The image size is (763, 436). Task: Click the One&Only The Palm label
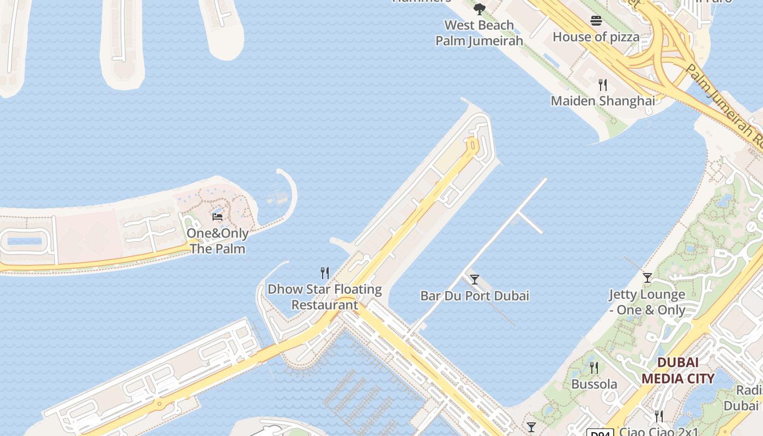[x=217, y=241]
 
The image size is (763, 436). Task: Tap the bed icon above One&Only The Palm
[x=217, y=217]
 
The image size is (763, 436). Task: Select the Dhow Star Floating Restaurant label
[x=325, y=297]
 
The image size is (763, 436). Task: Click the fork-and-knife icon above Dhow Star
[x=325, y=272]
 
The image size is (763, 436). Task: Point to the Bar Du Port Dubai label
[x=475, y=296]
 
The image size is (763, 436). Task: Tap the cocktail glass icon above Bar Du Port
[x=475, y=280]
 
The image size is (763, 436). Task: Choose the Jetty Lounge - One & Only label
[x=647, y=302]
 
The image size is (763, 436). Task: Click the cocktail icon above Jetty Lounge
[x=647, y=278]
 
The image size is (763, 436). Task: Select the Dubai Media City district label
[x=677, y=371]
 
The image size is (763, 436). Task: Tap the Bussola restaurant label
[x=594, y=384]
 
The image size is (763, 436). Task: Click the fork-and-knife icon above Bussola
[x=594, y=368]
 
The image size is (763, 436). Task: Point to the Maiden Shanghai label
[x=603, y=101]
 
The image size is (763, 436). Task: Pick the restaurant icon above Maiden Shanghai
[x=603, y=84]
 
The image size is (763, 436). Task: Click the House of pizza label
[x=596, y=37]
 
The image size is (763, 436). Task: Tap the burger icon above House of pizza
[x=596, y=21]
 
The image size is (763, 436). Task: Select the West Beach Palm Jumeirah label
[x=479, y=33]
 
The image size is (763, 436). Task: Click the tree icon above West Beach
[x=479, y=9]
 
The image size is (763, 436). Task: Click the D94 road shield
[x=599, y=433]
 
